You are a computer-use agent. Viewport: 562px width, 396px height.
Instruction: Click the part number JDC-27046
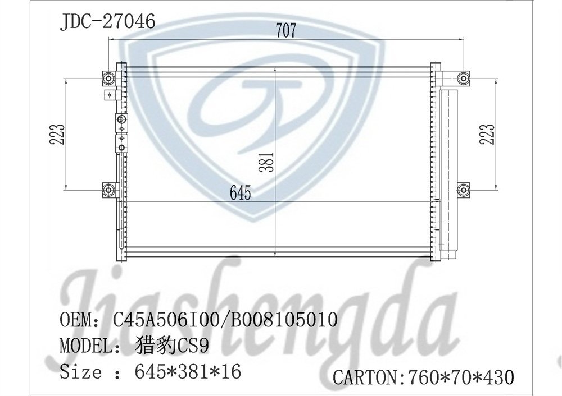(x=107, y=22)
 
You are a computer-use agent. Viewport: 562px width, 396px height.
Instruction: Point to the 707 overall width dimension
(x=285, y=31)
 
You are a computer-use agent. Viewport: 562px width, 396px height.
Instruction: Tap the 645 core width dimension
(x=240, y=194)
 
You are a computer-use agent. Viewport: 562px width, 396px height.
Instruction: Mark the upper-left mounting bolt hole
(x=108, y=79)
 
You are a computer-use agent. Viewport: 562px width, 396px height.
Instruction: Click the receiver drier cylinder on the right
(x=450, y=171)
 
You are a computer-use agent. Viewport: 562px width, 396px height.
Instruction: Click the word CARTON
(x=365, y=377)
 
